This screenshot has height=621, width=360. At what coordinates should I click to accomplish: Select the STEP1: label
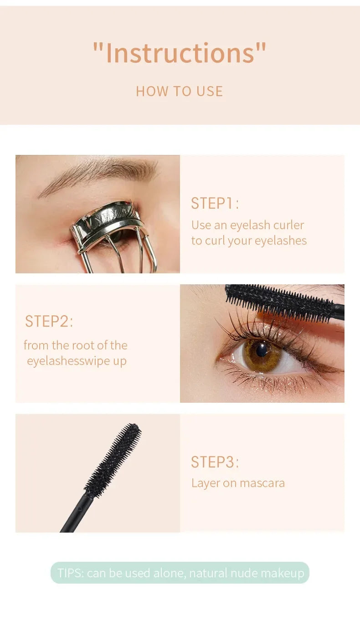[215, 203]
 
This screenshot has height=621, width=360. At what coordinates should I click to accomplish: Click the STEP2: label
[49, 321]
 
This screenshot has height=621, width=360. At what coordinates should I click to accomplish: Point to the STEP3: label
[215, 462]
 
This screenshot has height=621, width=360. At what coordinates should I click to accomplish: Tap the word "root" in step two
[76, 345]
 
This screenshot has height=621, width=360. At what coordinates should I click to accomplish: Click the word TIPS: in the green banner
[71, 573]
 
